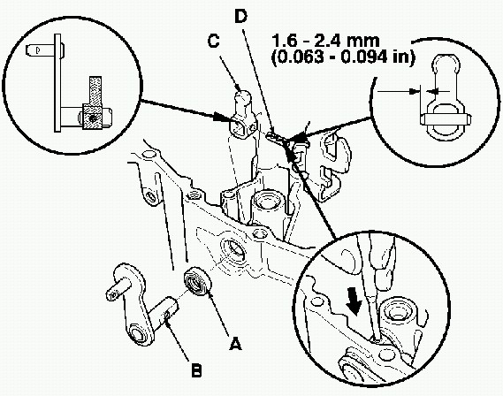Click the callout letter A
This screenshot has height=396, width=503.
[x=235, y=344]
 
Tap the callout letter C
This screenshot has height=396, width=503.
[x=213, y=42]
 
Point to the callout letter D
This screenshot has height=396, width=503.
[x=241, y=17]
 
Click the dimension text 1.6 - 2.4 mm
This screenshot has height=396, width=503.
[x=326, y=41]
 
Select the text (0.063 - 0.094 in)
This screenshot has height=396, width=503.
[x=344, y=57]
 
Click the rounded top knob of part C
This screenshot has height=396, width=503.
[x=243, y=97]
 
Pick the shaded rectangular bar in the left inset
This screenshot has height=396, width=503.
[x=95, y=90]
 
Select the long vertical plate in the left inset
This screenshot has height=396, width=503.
[x=57, y=83]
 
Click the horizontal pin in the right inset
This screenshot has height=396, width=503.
[x=446, y=119]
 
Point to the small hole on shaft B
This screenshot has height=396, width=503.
[x=167, y=316]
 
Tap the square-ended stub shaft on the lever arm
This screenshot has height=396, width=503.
[x=117, y=289]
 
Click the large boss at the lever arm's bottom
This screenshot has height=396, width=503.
[x=141, y=335]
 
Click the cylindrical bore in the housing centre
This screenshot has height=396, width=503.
[x=267, y=202]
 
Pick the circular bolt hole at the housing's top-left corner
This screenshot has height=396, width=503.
[x=149, y=155]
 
